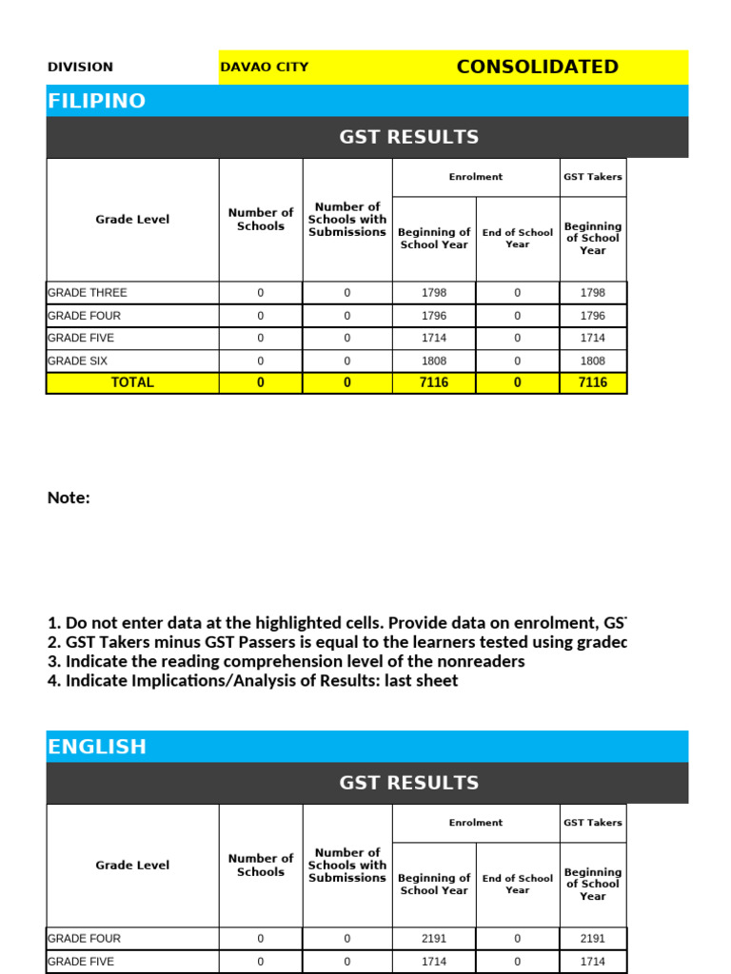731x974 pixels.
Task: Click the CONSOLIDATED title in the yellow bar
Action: point(537,67)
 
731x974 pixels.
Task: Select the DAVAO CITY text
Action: point(264,68)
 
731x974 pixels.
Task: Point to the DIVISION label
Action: point(80,68)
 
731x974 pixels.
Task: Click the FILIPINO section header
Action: point(97,101)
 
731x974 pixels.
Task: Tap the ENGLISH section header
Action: point(97,747)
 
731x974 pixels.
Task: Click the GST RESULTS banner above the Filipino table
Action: point(408,137)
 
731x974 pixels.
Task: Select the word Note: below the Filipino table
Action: point(69,497)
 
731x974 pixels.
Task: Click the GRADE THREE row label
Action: point(87,293)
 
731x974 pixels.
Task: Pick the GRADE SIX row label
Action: point(77,361)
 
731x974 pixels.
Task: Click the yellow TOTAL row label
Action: point(132,382)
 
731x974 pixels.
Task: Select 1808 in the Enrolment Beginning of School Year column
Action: point(433,361)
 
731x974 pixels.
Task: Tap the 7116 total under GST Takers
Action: point(592,382)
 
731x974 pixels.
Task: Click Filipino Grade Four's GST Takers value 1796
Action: point(592,316)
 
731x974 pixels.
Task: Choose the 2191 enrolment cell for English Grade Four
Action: point(433,939)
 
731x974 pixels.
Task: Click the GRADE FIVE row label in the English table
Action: point(81,962)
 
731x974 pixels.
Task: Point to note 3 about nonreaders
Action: point(286,661)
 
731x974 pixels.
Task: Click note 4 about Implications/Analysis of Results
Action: point(252,681)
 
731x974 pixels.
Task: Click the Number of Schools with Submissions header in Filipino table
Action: point(347,220)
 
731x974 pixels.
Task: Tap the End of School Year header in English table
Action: point(517,885)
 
